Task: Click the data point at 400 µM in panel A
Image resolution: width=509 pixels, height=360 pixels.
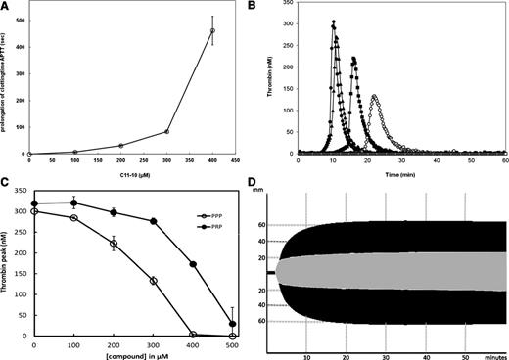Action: tap(212, 31)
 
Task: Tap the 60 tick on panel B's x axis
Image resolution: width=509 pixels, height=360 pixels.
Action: tap(503, 159)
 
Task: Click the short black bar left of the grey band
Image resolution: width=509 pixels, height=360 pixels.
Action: tap(271, 272)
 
